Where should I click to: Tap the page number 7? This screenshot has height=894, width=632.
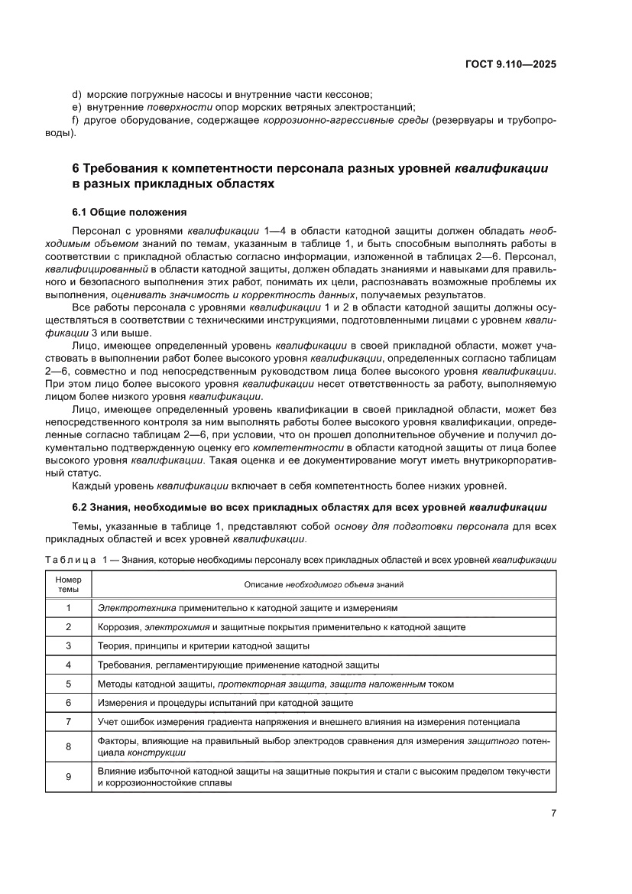click(553, 813)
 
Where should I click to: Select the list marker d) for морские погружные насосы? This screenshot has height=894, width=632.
click(76, 94)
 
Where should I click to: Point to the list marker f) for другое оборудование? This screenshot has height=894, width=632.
click(76, 120)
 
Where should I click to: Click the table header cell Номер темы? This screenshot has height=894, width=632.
click(68, 585)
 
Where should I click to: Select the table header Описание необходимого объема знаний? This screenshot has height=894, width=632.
click(323, 584)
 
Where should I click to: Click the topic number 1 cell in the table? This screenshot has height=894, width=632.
click(68, 608)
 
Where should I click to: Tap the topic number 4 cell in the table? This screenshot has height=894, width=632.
click(68, 665)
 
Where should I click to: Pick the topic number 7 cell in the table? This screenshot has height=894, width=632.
click(68, 721)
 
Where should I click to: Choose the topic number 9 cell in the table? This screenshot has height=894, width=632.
click(68, 776)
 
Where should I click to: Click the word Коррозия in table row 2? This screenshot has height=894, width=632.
click(118, 627)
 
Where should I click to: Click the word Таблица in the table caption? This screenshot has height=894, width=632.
click(70, 561)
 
